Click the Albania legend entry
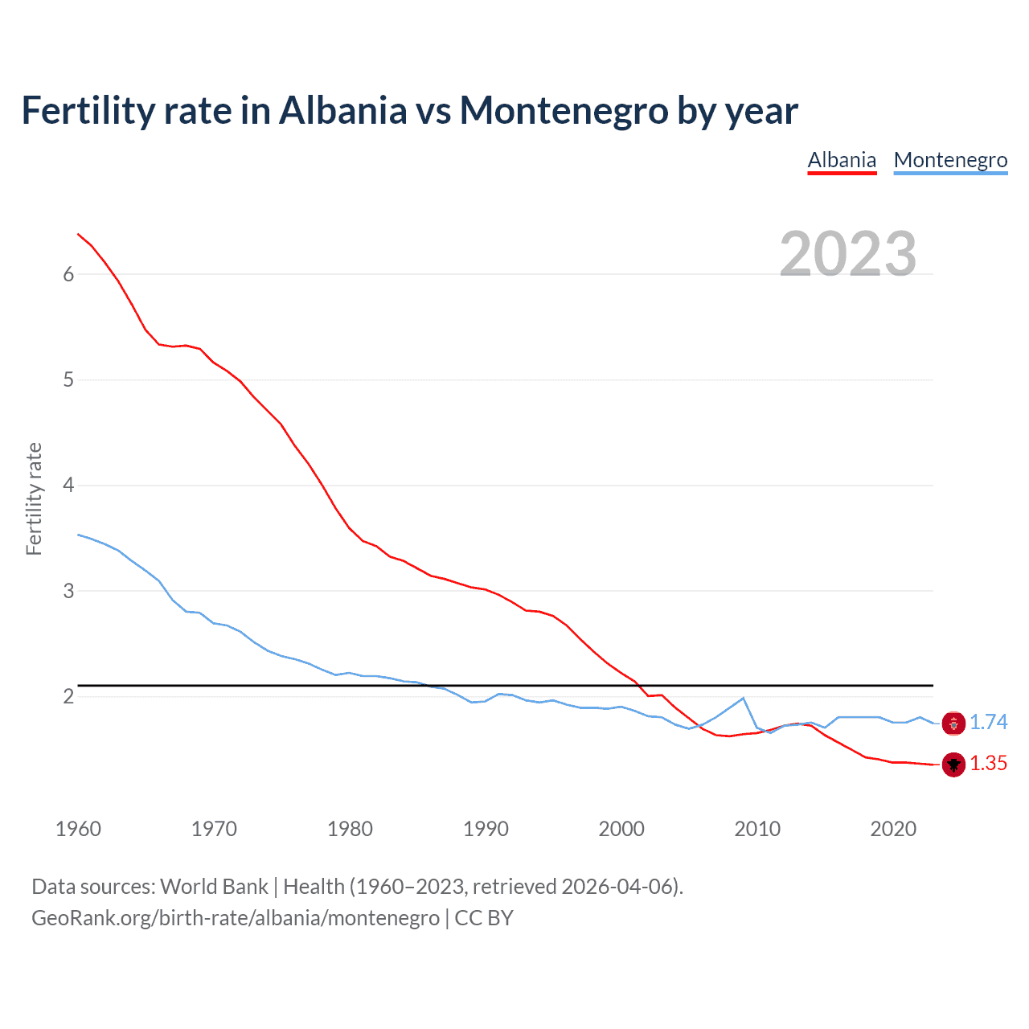pyautogui.click(x=842, y=160)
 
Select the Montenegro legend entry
pyautogui.click(x=950, y=160)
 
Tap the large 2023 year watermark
pyautogui.click(x=847, y=254)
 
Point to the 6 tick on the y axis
pyautogui.click(x=68, y=275)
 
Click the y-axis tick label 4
pyautogui.click(x=68, y=486)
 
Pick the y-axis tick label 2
pyautogui.click(x=68, y=697)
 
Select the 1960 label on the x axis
pyautogui.click(x=78, y=829)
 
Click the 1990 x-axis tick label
pyautogui.click(x=486, y=829)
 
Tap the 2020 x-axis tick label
pyautogui.click(x=893, y=829)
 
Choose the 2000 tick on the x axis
pyautogui.click(x=621, y=829)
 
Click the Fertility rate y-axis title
pyautogui.click(x=34, y=498)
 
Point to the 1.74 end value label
pyautogui.click(x=988, y=723)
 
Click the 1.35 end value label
pyautogui.click(x=988, y=764)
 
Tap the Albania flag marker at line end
pyautogui.click(x=953, y=765)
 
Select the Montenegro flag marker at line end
pyautogui.click(x=953, y=724)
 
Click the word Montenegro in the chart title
pyautogui.click(x=564, y=110)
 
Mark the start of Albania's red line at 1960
pyautogui.click(x=78, y=234)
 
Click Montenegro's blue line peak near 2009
pyautogui.click(x=743, y=698)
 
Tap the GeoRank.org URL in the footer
pyautogui.click(x=236, y=918)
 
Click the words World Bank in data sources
pyautogui.click(x=214, y=887)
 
